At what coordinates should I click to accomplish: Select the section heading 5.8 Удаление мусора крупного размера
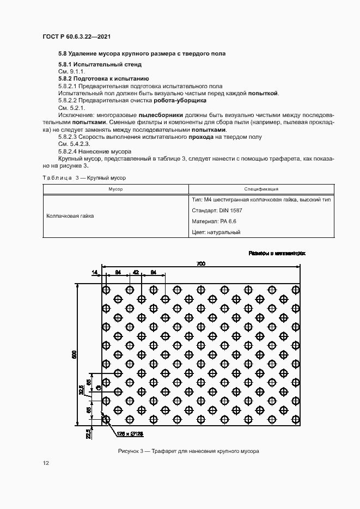pos(142,54)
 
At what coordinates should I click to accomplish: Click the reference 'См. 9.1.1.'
pos(71,72)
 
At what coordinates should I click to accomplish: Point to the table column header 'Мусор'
pos(115,189)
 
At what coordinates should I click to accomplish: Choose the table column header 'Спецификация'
pos(261,189)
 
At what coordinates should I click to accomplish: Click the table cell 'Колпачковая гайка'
pos(70,216)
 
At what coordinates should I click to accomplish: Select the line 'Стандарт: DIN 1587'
pos(218,211)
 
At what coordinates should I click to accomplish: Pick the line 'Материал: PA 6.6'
pos(214,222)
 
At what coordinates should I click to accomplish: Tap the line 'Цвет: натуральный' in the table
pos(216,232)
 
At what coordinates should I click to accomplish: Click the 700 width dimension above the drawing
pos(201,264)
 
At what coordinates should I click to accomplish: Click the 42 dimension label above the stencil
pos(136,272)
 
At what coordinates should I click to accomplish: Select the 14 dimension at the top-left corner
pos(94,272)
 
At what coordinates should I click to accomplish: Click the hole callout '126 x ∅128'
pos(130,434)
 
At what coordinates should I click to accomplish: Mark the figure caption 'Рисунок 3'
pos(188,452)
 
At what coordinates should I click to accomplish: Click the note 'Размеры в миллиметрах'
pos(277,253)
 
